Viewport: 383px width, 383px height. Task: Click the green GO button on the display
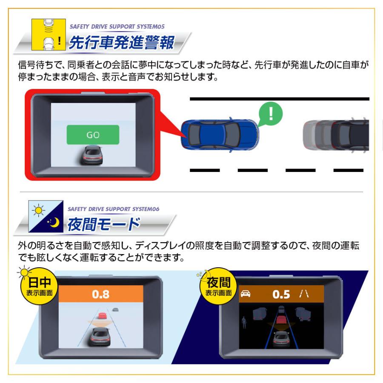[93, 134]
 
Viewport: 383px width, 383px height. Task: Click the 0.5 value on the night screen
[281, 294]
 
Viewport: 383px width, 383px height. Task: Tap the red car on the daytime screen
[102, 316]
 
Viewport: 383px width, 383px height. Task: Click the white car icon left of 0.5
[246, 294]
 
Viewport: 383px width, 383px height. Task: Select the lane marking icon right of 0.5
[304, 294]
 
